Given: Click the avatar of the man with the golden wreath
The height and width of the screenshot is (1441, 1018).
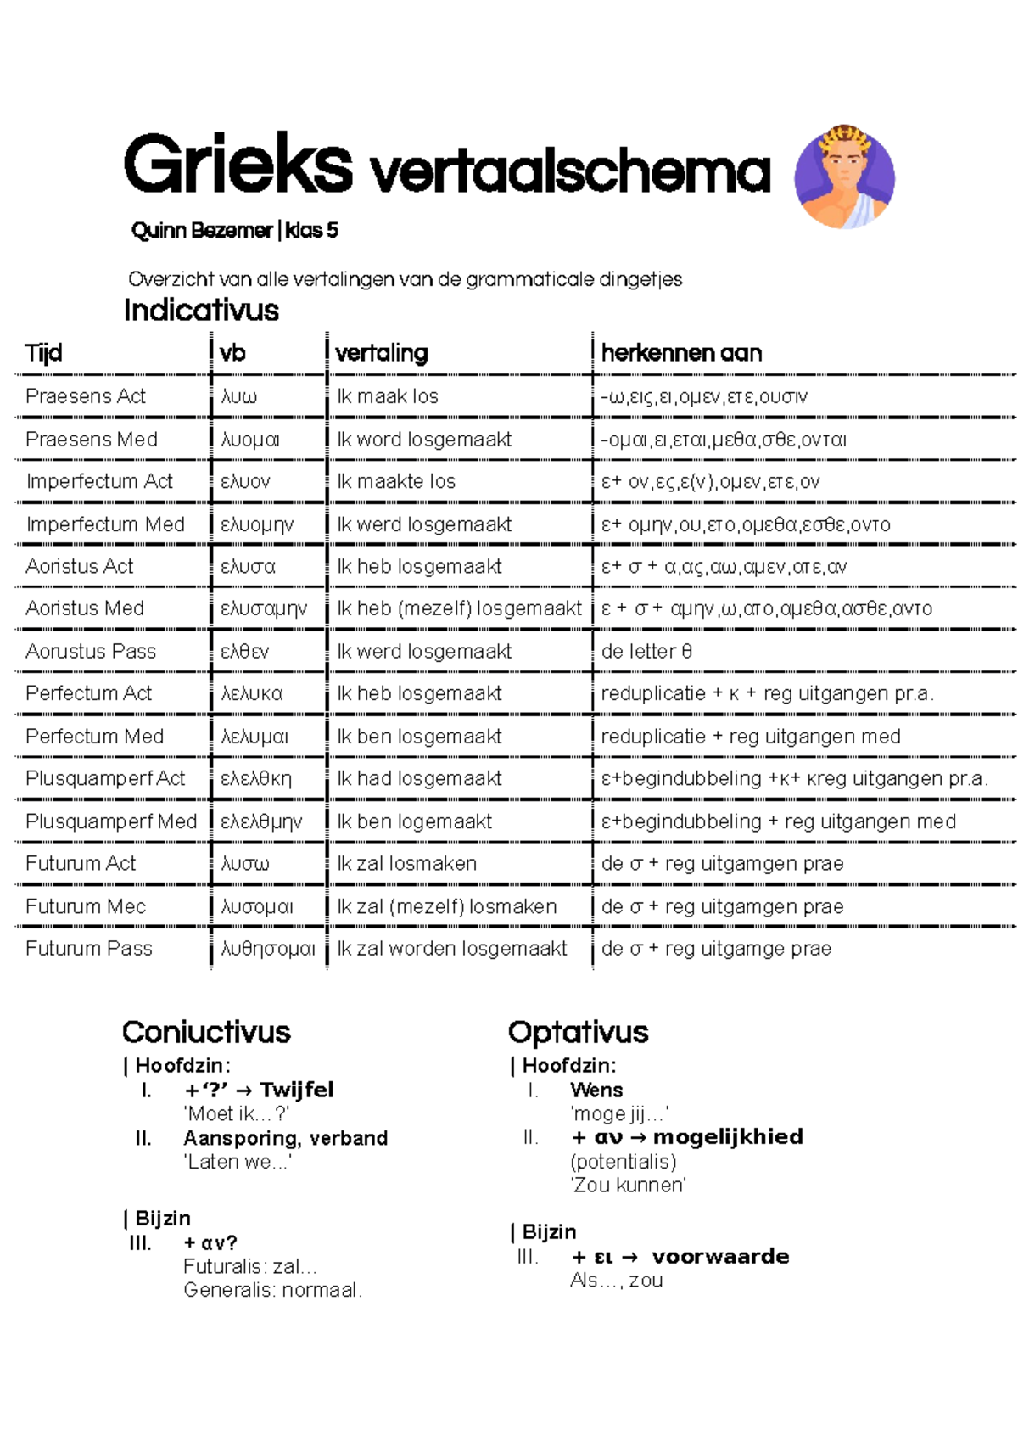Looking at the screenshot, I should click(844, 177).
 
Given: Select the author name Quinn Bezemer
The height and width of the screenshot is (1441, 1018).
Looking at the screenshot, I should click(202, 230).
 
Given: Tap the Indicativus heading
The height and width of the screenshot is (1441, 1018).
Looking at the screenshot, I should click(201, 310).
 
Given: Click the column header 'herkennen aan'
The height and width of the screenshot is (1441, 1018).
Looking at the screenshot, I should click(681, 353).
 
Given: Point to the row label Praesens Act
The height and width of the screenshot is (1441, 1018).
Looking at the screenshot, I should click(86, 396).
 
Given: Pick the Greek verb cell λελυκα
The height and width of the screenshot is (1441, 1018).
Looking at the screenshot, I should click(252, 693).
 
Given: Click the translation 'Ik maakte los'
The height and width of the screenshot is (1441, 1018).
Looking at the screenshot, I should click(396, 481).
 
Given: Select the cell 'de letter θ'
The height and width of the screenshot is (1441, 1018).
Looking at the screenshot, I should click(646, 651).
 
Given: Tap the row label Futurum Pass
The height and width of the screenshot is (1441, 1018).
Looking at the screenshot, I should click(89, 948).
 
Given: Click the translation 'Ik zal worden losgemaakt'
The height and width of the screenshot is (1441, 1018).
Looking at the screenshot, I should click(452, 948).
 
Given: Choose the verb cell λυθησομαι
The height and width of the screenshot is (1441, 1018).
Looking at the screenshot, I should click(268, 949).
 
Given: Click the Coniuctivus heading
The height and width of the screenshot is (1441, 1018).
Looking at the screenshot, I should click(206, 1032).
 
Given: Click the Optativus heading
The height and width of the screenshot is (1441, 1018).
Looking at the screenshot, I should click(578, 1032).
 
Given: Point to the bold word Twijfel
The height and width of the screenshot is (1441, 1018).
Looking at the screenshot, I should click(297, 1090).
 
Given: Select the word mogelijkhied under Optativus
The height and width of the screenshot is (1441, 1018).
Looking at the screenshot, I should click(728, 1136).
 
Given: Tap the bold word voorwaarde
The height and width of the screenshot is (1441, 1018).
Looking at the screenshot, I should click(720, 1256).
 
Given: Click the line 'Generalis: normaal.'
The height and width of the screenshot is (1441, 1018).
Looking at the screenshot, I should click(272, 1290).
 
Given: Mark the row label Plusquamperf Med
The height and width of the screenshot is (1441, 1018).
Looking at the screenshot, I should click(111, 821).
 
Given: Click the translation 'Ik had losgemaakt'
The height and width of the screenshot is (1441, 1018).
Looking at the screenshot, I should click(419, 778).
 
